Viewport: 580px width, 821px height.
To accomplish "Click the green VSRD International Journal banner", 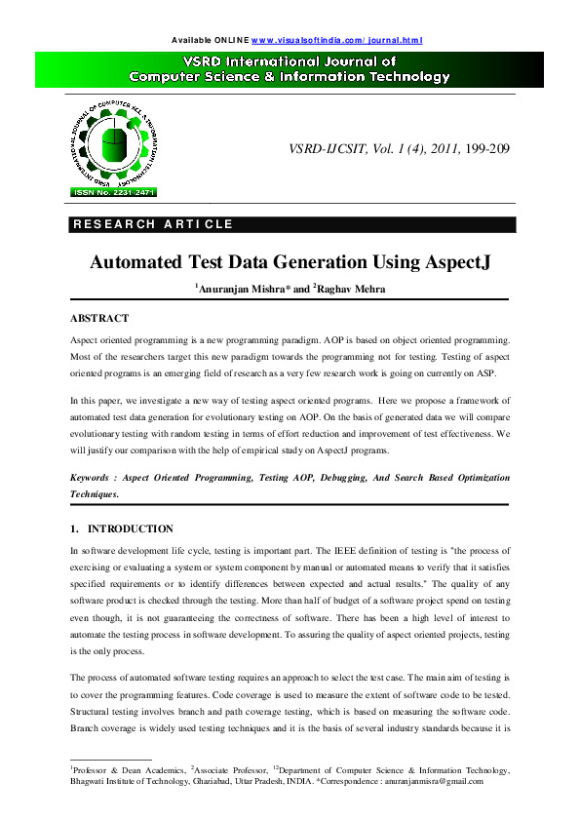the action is tap(290, 69).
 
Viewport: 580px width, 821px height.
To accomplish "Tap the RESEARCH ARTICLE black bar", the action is tap(290, 224).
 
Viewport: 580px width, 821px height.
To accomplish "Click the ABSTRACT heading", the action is tap(99, 319).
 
